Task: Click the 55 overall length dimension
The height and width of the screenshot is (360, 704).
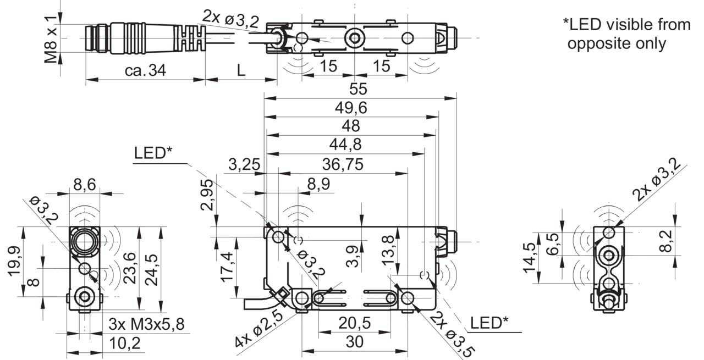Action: coord(358,89)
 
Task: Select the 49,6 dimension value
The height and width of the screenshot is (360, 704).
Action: coord(351,108)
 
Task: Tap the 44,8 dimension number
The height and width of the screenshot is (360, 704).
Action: coord(345,145)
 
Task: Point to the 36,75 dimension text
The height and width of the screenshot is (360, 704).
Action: coord(343,164)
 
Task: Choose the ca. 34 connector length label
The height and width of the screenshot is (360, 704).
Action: coord(145,70)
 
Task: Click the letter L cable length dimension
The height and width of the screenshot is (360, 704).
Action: coord(241,70)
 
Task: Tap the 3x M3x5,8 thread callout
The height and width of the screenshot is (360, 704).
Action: coord(146,324)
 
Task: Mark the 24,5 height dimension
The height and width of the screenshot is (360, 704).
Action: coord(152,269)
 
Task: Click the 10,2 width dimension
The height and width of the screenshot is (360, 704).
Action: coord(125,344)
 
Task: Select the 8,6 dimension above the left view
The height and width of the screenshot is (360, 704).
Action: coord(85,185)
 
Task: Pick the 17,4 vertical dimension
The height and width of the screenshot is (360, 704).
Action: coord(228,267)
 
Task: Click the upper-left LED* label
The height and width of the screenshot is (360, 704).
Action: coord(153,153)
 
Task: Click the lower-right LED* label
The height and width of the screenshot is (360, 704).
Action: coord(489,323)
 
